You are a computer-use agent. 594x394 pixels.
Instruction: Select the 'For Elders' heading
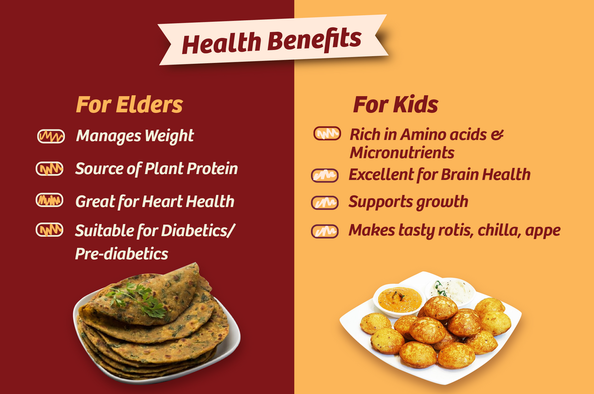click(129, 104)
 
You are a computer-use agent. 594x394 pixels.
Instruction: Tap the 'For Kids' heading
click(396, 104)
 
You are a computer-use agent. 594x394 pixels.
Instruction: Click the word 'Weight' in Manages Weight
click(169, 136)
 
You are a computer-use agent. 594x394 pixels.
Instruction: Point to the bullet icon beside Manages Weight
click(51, 136)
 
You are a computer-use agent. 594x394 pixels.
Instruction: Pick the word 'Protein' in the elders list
click(212, 168)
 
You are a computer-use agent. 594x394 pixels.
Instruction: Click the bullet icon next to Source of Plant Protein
click(49, 169)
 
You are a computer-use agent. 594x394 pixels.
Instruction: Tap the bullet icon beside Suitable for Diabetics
click(49, 230)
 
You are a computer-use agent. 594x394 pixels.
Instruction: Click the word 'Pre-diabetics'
click(122, 254)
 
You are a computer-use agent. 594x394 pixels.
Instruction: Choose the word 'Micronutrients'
click(402, 152)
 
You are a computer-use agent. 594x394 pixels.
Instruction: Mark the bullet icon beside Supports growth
click(325, 203)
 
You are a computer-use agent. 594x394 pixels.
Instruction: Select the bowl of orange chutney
click(399, 300)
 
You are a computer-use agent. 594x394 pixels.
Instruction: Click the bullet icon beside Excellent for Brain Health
click(325, 176)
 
